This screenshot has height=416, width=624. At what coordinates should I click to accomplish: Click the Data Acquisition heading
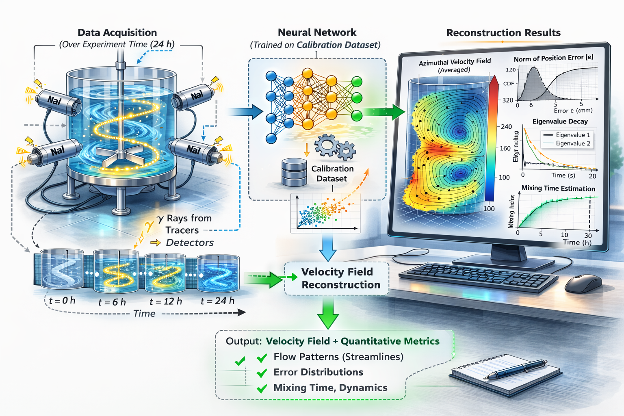click(117, 32)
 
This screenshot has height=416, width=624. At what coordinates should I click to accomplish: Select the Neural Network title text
click(317, 32)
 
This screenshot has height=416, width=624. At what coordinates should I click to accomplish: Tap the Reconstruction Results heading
click(503, 33)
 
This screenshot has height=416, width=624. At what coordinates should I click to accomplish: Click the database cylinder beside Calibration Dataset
click(294, 173)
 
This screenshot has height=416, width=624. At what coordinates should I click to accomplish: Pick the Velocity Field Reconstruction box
click(337, 278)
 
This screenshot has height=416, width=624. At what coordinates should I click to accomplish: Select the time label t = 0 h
click(62, 301)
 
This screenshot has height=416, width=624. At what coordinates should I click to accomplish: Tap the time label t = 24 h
click(217, 301)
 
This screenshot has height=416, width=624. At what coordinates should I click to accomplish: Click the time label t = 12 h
click(166, 301)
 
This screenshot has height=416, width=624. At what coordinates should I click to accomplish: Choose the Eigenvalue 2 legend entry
click(573, 143)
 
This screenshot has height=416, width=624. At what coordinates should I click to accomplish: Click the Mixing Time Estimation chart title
click(558, 188)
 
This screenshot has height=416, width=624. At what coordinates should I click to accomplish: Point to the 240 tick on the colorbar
click(506, 127)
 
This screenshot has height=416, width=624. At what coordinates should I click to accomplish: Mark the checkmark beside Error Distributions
click(262, 373)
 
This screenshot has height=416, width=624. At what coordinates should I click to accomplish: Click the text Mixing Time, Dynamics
click(330, 388)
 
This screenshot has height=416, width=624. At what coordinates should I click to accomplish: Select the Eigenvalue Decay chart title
click(560, 121)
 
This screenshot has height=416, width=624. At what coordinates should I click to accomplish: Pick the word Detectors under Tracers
click(190, 243)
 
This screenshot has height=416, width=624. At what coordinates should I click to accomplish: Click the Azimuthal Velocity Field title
click(455, 62)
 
